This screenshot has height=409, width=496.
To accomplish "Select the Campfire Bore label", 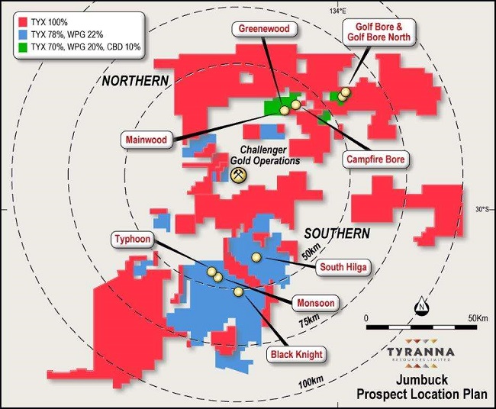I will coord(374,159).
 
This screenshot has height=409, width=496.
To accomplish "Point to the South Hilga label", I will coord(342,268).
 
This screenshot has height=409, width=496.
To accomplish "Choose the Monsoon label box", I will coord(312,303).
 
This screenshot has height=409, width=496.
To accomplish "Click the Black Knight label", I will coord(295,354).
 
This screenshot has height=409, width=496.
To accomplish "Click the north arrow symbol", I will coord(420,305).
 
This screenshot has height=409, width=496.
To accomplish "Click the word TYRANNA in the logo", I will coord(419,352).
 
